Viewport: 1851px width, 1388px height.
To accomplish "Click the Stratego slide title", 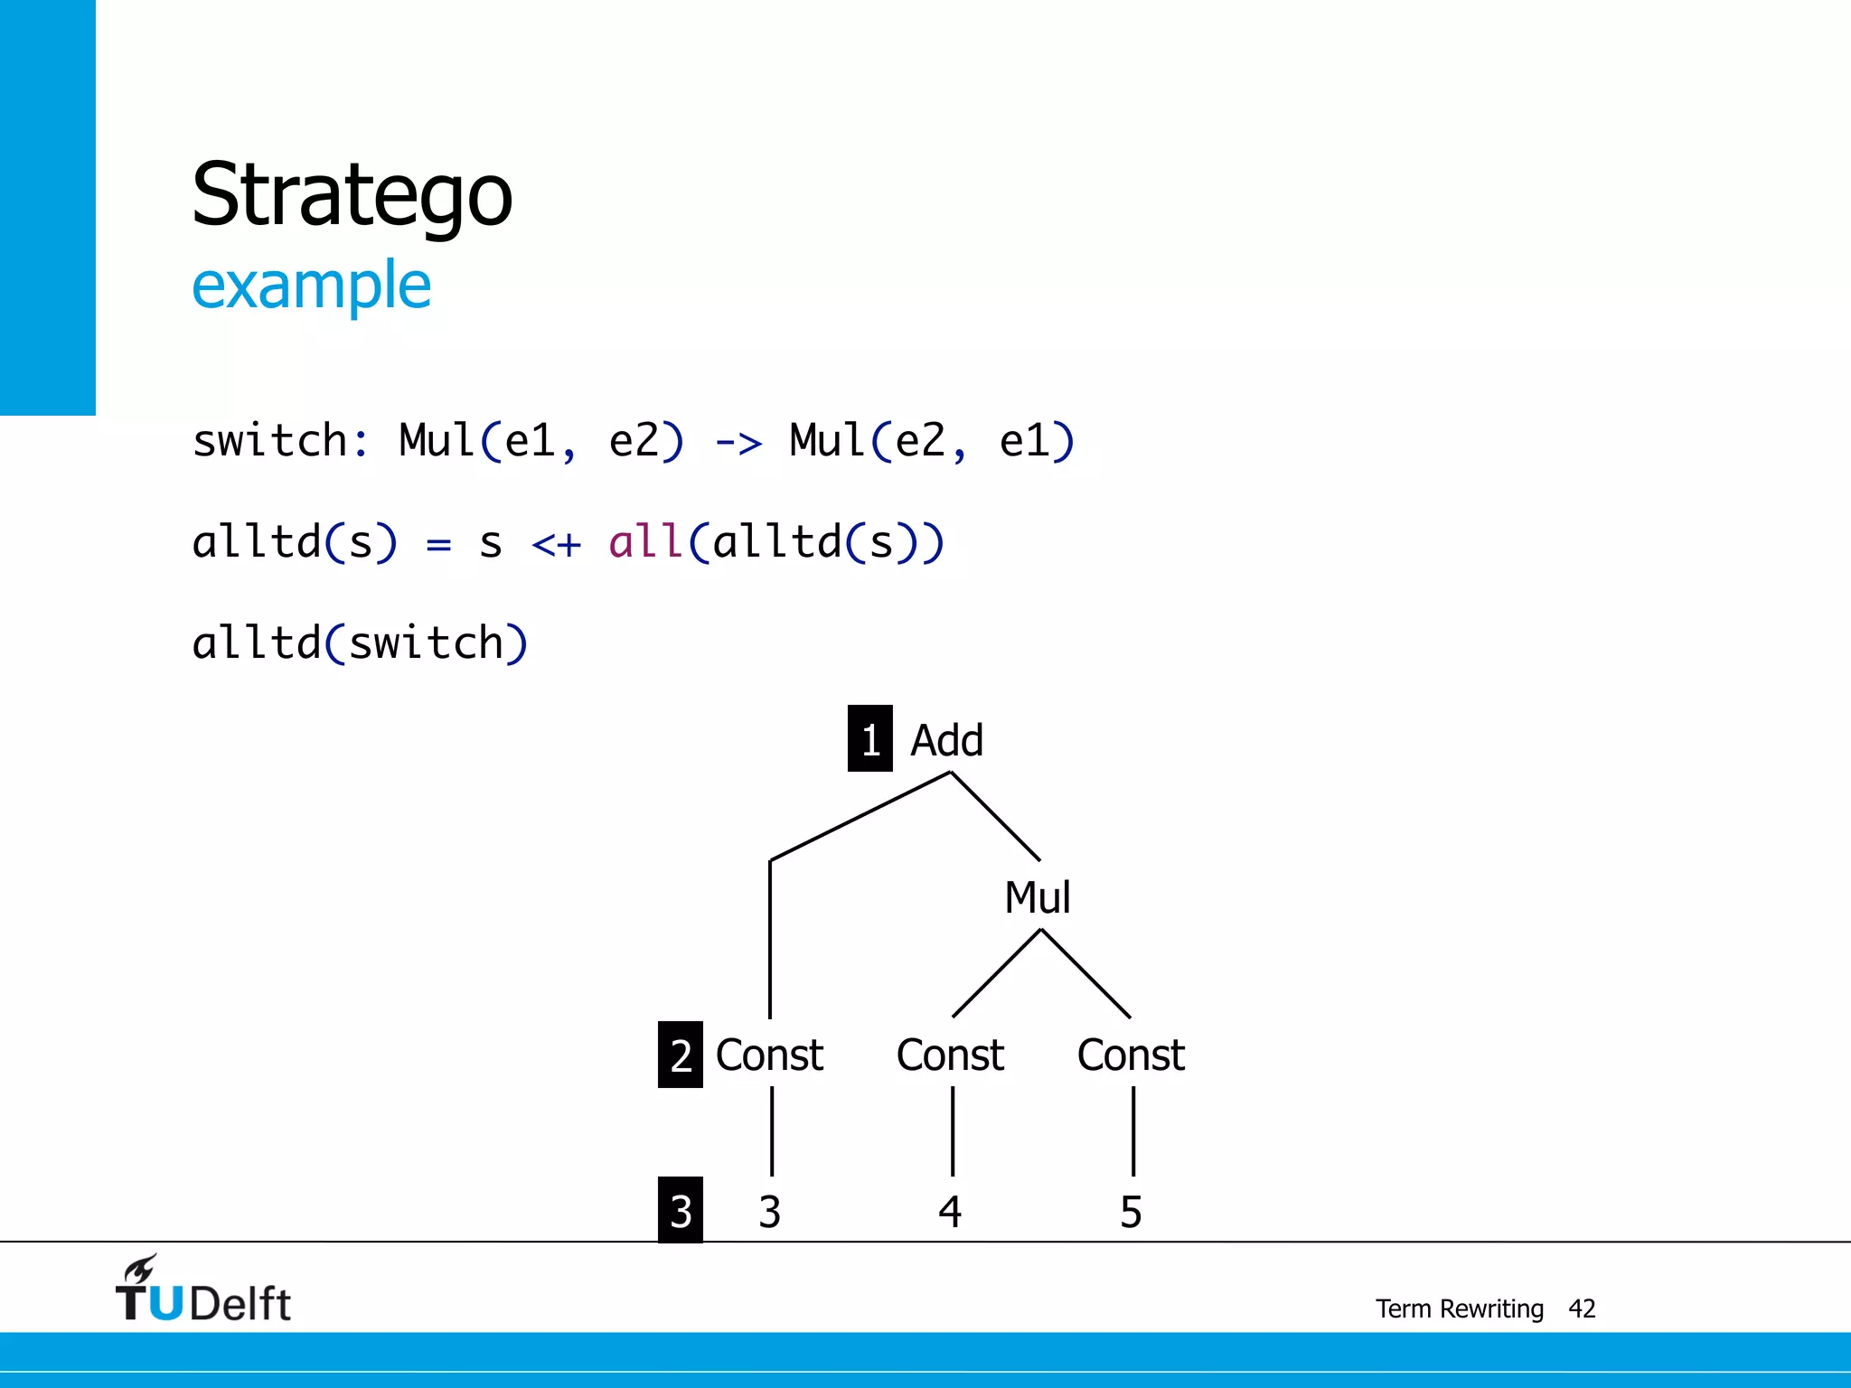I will click(x=352, y=194).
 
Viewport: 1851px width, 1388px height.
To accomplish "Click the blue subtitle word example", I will click(x=311, y=286).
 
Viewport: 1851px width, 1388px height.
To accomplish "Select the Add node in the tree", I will click(x=945, y=740).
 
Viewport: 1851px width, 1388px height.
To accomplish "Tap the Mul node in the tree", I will click(x=1037, y=897).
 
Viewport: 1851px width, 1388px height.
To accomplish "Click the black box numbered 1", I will click(x=869, y=738).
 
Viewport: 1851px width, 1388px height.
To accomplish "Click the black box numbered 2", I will click(x=681, y=1055).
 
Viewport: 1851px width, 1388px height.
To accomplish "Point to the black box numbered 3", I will click(x=681, y=1210).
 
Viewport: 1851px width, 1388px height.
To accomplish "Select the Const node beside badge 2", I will click(x=769, y=1055).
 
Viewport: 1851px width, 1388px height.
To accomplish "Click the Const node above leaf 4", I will click(x=950, y=1055).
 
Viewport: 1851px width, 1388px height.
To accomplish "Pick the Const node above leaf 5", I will click(x=1131, y=1055).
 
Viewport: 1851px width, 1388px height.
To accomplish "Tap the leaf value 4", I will click(x=950, y=1212).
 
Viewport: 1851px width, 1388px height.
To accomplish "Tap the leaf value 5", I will click(x=1131, y=1212).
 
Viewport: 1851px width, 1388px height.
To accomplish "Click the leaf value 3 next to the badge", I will click(x=769, y=1212).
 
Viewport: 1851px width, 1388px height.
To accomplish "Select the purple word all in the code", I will click(x=644, y=542).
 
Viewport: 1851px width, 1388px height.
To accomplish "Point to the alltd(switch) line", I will click(x=360, y=643).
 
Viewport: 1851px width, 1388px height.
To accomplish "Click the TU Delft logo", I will click(x=202, y=1290).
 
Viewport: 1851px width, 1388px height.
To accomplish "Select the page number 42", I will click(x=1582, y=1308).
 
